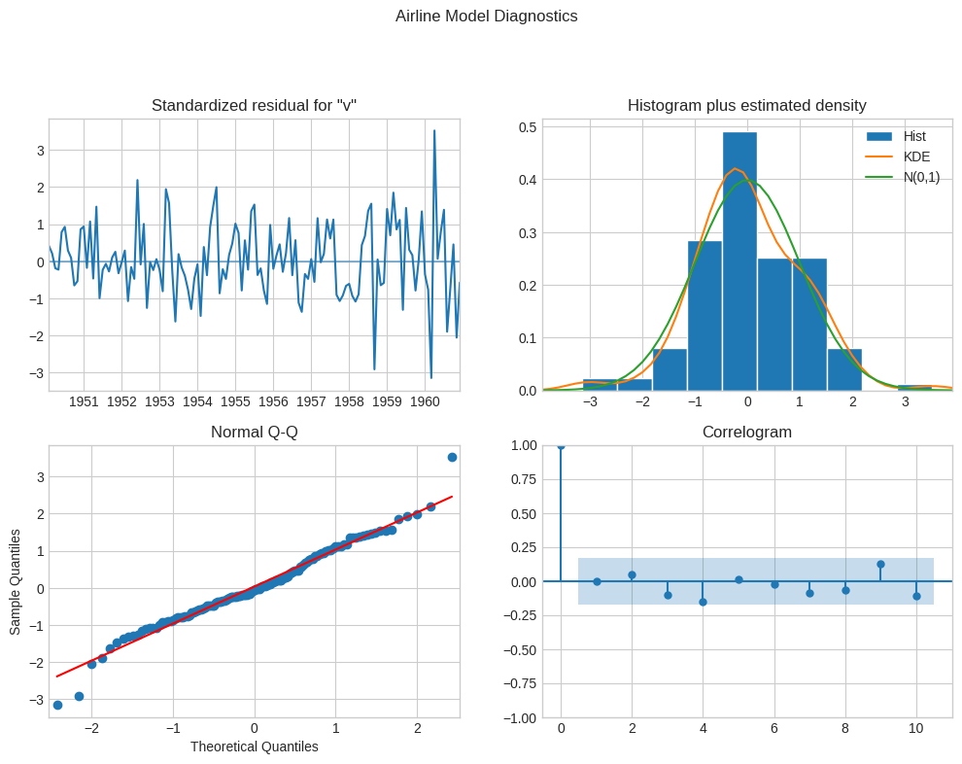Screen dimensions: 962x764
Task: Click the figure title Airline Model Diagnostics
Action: click(486, 16)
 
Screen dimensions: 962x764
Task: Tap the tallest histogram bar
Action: click(739, 260)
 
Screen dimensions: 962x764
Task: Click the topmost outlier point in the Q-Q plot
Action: click(452, 457)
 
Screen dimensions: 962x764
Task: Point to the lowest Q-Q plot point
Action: click(57, 705)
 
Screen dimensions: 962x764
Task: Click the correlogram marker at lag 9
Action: click(880, 564)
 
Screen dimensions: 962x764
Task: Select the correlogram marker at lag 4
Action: click(704, 602)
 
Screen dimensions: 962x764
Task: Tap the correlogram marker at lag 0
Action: click(561, 446)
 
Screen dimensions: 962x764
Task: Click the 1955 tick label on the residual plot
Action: click(235, 402)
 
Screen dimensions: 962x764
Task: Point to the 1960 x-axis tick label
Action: click(425, 402)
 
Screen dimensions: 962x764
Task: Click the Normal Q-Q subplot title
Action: click(254, 432)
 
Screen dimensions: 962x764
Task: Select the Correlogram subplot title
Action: click(746, 432)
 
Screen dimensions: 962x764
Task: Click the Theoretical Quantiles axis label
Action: click(254, 747)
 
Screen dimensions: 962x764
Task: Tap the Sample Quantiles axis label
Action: click(16, 581)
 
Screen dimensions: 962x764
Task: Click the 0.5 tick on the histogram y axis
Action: click(528, 127)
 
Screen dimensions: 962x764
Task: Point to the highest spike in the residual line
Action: click(434, 130)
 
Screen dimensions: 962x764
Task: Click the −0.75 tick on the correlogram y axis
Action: click(519, 683)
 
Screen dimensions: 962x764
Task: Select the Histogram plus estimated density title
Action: click(746, 106)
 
